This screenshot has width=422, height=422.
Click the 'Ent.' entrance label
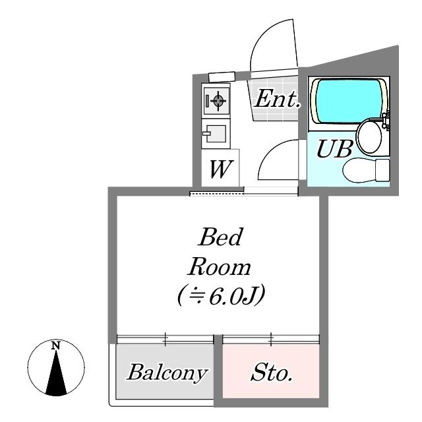[277, 99]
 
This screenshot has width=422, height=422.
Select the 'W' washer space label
[220, 169]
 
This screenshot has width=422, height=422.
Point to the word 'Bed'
[221, 237]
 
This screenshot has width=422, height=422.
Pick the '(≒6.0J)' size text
[222, 295]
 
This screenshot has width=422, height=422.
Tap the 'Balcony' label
[167, 373]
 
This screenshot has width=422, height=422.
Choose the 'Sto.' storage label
[271, 373]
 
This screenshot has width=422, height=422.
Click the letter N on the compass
[55, 346]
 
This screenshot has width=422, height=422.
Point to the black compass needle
[56, 374]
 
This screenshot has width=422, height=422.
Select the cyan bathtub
[349, 101]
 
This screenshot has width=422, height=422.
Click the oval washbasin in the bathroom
[369, 136]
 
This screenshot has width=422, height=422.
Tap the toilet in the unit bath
[366, 170]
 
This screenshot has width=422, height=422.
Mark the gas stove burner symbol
[218, 101]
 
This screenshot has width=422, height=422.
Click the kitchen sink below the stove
[216, 134]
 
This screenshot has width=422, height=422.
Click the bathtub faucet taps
[386, 121]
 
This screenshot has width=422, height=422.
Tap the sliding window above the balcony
[166, 339]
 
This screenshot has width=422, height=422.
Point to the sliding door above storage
[271, 339]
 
